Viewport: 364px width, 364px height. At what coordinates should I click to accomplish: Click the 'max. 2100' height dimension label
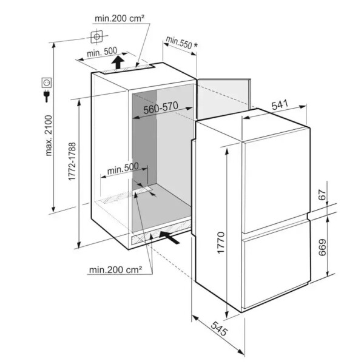(49, 135)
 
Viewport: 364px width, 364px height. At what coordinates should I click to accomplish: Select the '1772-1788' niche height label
(72, 161)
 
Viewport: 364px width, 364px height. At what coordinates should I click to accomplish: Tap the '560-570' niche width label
(161, 107)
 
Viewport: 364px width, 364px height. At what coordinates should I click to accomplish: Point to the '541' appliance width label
(280, 105)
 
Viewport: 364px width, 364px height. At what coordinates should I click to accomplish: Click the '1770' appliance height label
(221, 243)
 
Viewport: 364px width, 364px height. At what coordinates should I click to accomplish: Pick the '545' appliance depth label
(219, 328)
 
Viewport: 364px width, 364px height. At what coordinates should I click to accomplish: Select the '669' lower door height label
(322, 248)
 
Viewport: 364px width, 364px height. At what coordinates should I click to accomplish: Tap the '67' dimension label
(322, 195)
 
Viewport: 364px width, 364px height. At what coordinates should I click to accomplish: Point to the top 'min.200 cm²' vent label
(120, 18)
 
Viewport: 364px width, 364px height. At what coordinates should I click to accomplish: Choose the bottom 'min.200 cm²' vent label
(115, 269)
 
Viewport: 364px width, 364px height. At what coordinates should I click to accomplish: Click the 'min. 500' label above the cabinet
(102, 52)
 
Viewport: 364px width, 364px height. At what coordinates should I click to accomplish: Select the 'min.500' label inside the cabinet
(123, 168)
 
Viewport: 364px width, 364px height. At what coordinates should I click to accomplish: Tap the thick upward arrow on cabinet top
(118, 62)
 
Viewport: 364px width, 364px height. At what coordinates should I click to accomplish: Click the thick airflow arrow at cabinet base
(169, 237)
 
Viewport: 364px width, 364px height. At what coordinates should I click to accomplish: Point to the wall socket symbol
(47, 83)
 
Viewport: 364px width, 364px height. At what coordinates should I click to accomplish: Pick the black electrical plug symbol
(47, 96)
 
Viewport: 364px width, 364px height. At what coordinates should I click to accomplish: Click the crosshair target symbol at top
(96, 36)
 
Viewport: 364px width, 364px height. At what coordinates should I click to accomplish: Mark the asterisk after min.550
(196, 45)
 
